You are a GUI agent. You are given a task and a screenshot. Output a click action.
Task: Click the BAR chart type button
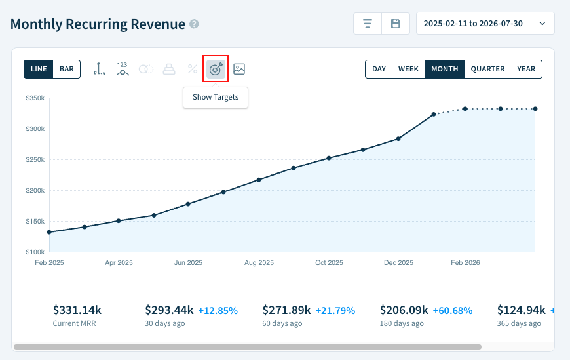pyautogui.click(x=66, y=69)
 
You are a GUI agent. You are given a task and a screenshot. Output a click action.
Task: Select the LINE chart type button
pyautogui.click(x=38, y=69)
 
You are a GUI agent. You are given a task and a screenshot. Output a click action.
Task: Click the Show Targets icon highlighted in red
pyautogui.click(x=216, y=69)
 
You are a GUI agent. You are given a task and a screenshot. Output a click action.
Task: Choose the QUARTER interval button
pyautogui.click(x=487, y=69)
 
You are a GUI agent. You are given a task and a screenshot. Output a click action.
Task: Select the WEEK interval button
pyautogui.click(x=408, y=69)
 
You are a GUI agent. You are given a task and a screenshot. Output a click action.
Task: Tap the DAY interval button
pyautogui.click(x=379, y=69)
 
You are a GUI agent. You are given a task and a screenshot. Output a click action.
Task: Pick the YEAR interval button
pyautogui.click(x=525, y=69)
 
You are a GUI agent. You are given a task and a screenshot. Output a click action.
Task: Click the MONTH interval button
pyautogui.click(x=444, y=69)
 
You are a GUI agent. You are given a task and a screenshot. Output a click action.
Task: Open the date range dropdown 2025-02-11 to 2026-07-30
pyautogui.click(x=485, y=24)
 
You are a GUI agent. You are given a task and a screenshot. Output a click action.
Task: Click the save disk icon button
pyautogui.click(x=396, y=24)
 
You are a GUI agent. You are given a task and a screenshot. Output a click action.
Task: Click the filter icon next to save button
pyautogui.click(x=368, y=24)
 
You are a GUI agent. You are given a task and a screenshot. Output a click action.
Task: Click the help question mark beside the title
pyautogui.click(x=194, y=24)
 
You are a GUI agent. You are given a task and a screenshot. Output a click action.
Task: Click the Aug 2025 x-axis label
pyautogui.click(x=259, y=262)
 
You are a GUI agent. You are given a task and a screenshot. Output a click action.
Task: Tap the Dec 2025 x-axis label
pyautogui.click(x=398, y=262)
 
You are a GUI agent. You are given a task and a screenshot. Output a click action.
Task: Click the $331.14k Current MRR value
pyautogui.click(x=77, y=310)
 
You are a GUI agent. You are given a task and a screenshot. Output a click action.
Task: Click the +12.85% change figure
pyautogui.click(x=218, y=310)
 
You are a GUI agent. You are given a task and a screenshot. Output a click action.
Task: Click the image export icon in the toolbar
pyautogui.click(x=239, y=69)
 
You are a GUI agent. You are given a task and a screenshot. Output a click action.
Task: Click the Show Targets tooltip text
pyautogui.click(x=216, y=97)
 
